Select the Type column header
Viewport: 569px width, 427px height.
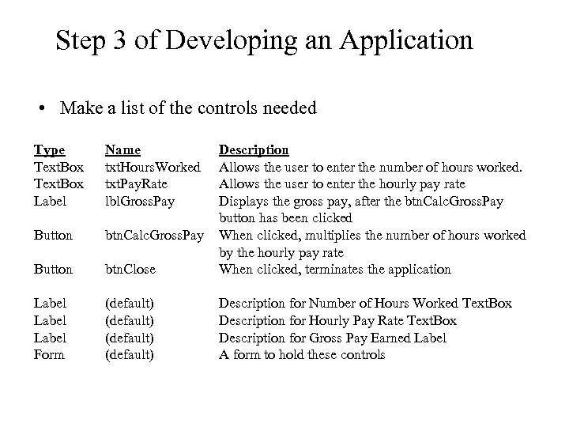[49, 149]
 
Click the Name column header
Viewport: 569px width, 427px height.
[122, 149]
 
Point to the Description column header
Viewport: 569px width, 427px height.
[253, 149]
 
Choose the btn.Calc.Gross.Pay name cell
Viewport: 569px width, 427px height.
[154, 235]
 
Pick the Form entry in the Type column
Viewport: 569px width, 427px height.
[48, 355]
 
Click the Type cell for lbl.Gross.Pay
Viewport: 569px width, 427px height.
[47, 201]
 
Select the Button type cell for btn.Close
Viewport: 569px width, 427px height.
[52, 269]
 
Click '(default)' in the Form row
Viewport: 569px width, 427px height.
[129, 355]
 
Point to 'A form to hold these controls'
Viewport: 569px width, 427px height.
[301, 355]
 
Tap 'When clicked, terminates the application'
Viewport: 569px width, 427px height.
[334, 269]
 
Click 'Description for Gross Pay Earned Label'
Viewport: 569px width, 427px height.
[332, 338]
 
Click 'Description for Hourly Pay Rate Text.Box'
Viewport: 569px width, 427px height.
[337, 321]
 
